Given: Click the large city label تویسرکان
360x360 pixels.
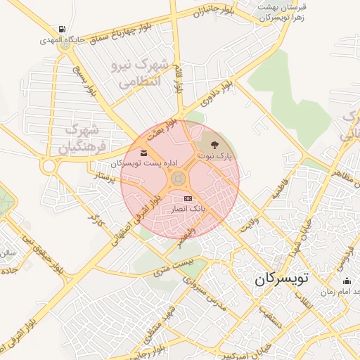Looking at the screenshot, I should click(x=281, y=278).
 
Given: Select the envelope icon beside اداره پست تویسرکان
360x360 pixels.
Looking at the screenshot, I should click(x=144, y=153).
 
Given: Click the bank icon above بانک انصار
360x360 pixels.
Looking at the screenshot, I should click(x=187, y=199).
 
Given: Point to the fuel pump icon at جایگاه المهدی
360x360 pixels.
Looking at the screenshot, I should click(x=63, y=30).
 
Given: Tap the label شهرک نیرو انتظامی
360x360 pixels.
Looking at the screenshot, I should click(x=140, y=73).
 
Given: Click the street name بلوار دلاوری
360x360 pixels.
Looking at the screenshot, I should click(x=213, y=95).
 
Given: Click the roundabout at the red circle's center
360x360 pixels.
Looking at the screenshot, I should click(x=179, y=179).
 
